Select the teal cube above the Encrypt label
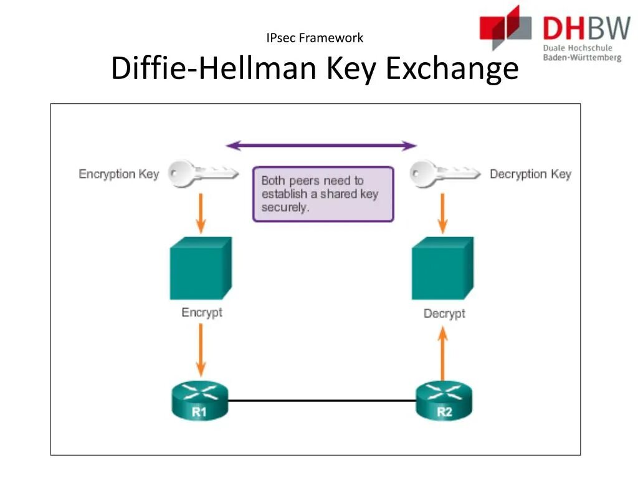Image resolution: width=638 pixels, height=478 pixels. [200, 269]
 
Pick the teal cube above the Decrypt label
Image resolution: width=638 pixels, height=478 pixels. [442, 269]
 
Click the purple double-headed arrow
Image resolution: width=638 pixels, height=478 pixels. [321, 146]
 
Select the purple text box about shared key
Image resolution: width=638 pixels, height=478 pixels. [323, 194]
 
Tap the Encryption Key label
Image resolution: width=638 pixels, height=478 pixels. [118, 174]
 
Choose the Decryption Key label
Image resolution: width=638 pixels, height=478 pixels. [530, 174]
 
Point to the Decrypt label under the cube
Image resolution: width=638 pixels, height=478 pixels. [444, 314]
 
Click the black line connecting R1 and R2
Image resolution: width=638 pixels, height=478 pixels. [321, 401]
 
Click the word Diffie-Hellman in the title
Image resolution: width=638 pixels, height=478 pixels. [212, 68]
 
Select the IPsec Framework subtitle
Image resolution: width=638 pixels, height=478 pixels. [315, 38]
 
